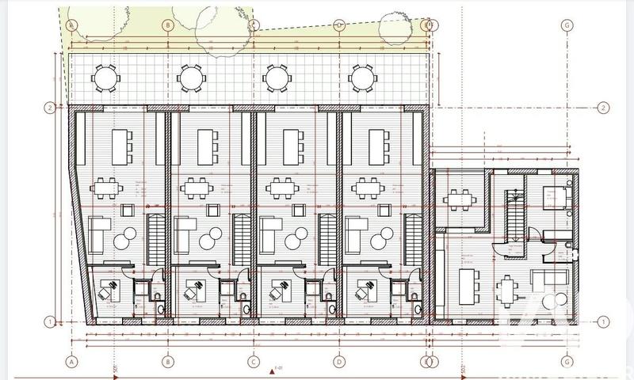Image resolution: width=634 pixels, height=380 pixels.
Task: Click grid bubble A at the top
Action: pyautogui.click(x=73, y=25)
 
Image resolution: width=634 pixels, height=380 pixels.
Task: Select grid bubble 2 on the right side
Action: pyautogui.click(x=604, y=108)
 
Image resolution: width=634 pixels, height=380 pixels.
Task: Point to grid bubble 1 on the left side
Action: pyautogui.click(x=49, y=321)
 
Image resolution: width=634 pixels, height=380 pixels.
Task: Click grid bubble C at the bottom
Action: pyautogui.click(x=254, y=362)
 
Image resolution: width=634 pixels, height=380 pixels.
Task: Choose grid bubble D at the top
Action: pyautogui.click(x=339, y=25)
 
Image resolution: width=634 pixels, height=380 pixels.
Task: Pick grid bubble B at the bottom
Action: pyautogui.click(x=167, y=362)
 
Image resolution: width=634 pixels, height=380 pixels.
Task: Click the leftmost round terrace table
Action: pyautogui.click(x=105, y=78)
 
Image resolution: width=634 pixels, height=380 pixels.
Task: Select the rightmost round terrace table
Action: pyautogui.click(x=361, y=78)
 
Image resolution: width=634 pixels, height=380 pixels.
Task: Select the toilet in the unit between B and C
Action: pyautogui.click(x=246, y=308)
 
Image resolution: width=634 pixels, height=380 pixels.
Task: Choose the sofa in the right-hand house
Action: pyautogui.click(x=551, y=279)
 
